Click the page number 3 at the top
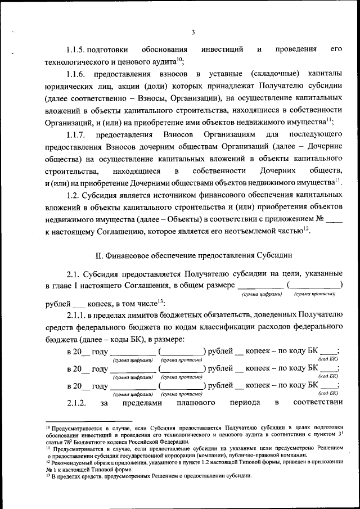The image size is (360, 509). tap(192, 32)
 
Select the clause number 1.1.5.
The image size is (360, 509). tap(79, 49)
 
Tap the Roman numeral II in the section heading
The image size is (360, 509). tap(98, 255)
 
